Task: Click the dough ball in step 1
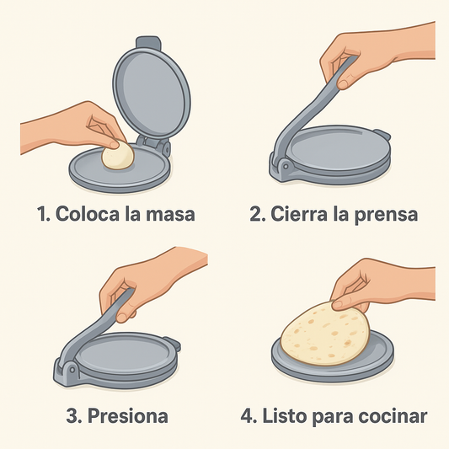point(118,155)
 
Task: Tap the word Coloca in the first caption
point(87,214)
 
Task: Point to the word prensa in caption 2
point(387,216)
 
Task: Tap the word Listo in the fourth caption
point(285,416)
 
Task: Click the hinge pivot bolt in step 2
point(286,167)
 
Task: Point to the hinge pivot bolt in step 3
point(72,370)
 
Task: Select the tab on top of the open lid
point(148,42)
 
